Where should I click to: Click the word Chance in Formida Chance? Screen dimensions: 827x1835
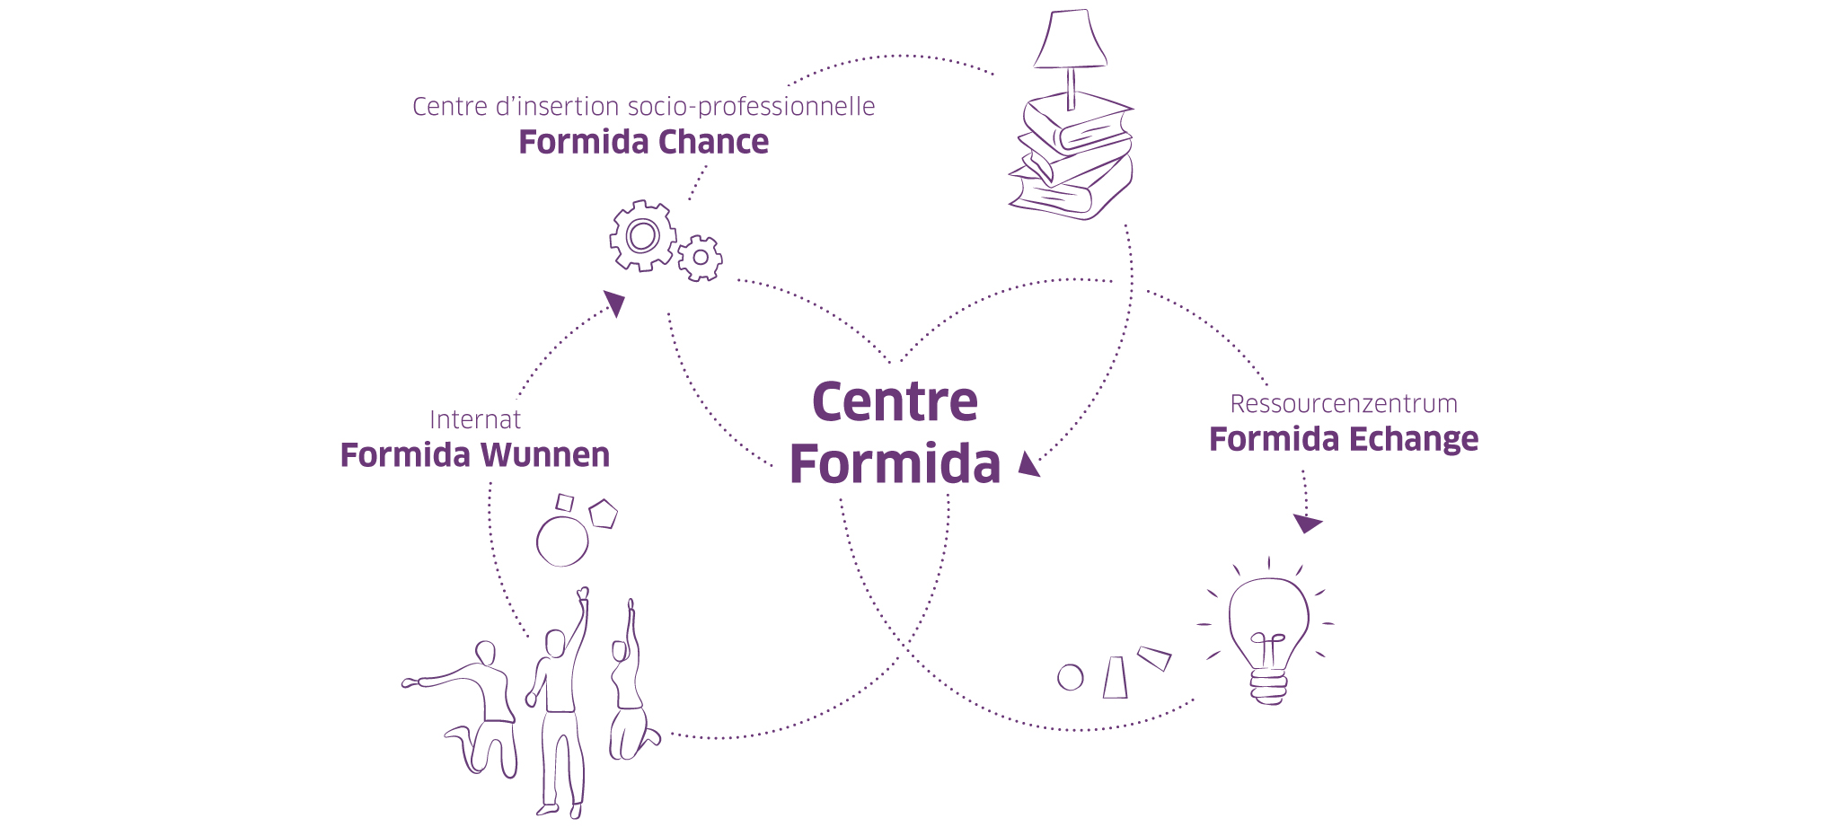pos(713,143)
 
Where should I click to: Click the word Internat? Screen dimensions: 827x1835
pos(474,420)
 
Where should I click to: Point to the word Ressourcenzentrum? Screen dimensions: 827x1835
pos(1343,404)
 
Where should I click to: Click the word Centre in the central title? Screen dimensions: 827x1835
pos(895,401)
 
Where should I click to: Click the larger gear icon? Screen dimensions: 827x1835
pos(642,236)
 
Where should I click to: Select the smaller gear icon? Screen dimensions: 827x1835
pos(700,259)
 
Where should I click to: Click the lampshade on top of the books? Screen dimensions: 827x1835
pos(1070,40)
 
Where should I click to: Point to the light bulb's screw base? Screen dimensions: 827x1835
pos(1268,687)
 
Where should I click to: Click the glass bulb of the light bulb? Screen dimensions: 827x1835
pos(1268,620)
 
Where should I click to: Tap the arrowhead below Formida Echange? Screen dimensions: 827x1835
pos(1306,523)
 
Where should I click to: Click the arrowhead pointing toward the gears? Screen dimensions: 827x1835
pos(615,303)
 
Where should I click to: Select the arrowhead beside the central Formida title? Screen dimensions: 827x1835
pos(1028,464)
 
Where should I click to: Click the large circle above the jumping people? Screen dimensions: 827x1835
pos(562,541)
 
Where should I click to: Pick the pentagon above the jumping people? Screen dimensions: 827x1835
pos(603,514)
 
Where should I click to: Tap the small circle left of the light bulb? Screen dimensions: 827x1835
pos(1070,677)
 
